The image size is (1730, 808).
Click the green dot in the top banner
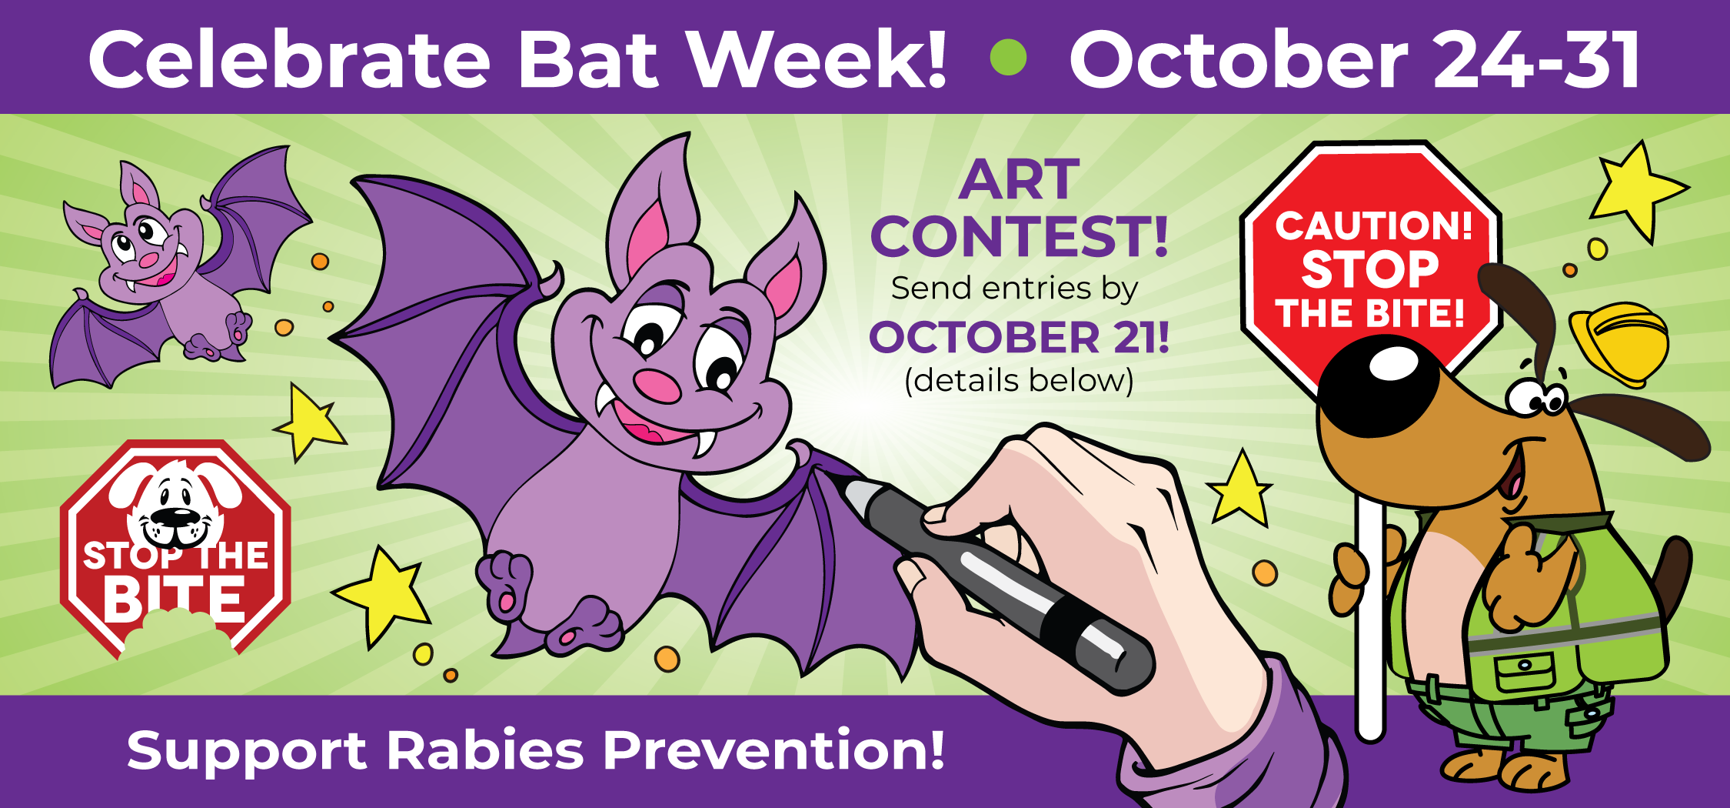(1008, 57)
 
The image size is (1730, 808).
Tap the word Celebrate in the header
(289, 60)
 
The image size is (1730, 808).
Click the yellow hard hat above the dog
(1619, 342)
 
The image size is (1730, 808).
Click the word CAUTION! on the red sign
(1373, 225)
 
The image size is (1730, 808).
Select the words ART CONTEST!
(1020, 208)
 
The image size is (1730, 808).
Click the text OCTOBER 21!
(1020, 337)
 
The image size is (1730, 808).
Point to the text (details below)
(1020, 381)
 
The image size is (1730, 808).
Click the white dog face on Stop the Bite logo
(176, 504)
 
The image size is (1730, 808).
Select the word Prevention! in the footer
(774, 750)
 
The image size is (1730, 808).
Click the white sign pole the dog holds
(1370, 616)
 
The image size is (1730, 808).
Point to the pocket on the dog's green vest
(1525, 673)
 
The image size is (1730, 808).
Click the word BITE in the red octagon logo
(175, 599)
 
